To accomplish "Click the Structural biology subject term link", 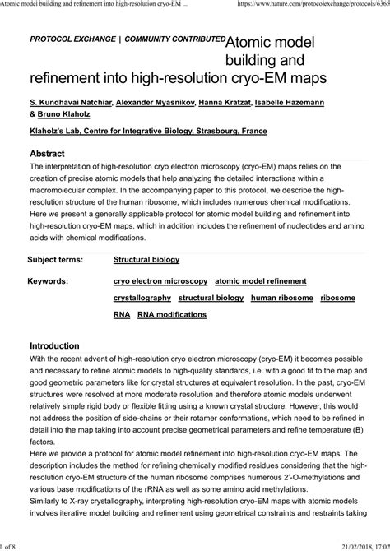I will (x=146, y=259).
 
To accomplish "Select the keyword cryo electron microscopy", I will (x=160, y=280).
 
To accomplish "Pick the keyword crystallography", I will (x=142, y=297).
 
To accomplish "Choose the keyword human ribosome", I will (x=281, y=297).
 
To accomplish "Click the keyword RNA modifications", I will (x=172, y=313).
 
